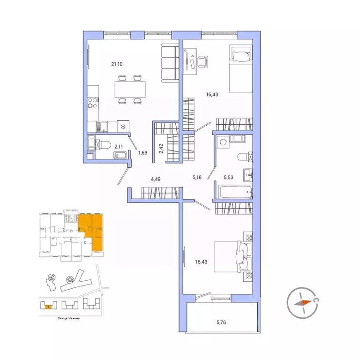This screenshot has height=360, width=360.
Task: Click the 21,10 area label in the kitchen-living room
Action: (117, 64)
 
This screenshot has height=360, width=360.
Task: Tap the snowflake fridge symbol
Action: (123, 126)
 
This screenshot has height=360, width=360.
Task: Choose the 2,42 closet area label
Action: (161, 149)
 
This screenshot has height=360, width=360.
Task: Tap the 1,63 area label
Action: (142, 152)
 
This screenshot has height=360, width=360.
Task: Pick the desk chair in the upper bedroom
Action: (202, 61)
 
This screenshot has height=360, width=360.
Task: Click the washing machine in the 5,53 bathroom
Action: (223, 142)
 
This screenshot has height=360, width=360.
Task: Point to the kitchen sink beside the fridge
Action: (100, 126)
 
